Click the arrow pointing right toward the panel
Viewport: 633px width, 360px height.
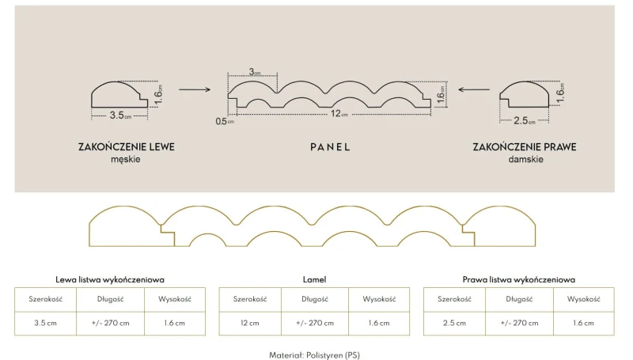195,89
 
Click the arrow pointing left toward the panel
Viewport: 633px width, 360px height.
474,89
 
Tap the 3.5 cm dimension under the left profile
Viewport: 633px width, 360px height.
121,116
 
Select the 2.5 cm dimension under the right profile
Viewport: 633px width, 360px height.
525,121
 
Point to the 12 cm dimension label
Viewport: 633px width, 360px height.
339,114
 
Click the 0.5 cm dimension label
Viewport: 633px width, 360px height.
225,121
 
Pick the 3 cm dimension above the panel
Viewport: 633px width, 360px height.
254,72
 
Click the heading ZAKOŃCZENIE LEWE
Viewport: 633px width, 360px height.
127,146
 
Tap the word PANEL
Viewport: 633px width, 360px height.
330,147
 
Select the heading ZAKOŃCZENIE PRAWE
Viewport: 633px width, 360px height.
525,146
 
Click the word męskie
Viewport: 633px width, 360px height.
126,159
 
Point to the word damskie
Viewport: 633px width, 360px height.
525,159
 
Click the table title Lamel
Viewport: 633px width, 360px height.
314,279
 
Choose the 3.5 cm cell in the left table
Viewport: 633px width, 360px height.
45,323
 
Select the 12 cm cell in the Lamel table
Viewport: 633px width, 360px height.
250,323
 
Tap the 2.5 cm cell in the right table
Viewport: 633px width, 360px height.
454,323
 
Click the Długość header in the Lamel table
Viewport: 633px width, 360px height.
314,299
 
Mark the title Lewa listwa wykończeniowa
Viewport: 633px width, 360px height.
110,279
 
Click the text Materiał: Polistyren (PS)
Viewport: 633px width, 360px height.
314,355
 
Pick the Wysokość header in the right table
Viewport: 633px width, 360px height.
583,299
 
